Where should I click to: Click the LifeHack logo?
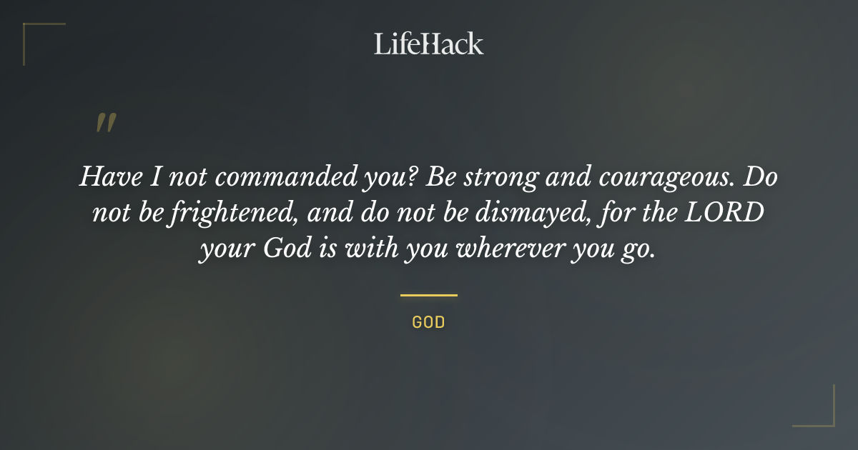[428, 44]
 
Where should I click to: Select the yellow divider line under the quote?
[428, 294]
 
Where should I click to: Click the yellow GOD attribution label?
[428, 322]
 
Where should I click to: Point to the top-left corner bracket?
[32, 32]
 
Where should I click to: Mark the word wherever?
[511, 250]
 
